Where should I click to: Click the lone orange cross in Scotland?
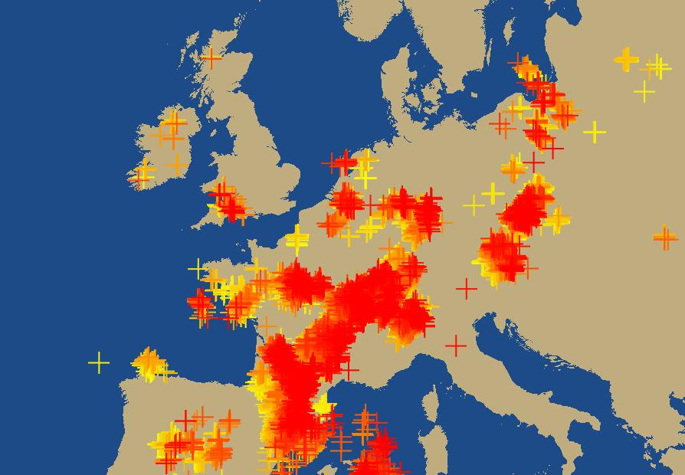tap(211, 57)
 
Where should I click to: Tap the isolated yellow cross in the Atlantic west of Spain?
tap(99, 362)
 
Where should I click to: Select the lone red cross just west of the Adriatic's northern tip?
tap(455, 346)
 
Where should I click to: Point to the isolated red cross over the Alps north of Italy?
tap(466, 289)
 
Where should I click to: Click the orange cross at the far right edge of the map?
tap(665, 237)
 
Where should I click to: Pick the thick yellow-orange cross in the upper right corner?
tap(626, 59)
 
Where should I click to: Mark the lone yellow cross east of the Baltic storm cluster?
tap(595, 132)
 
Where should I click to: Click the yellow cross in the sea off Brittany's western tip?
tap(198, 269)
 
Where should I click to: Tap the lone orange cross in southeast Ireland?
tap(177, 165)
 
